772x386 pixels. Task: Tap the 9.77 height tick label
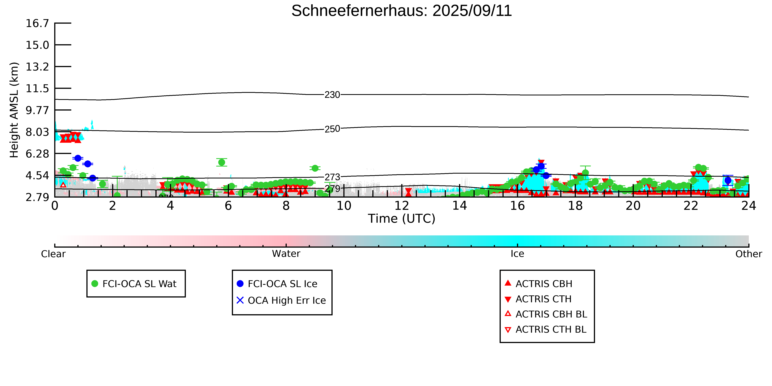coord(37,110)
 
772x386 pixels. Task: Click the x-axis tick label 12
coord(402,206)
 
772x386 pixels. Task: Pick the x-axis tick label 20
coord(633,206)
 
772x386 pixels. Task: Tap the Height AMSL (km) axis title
coord(14,110)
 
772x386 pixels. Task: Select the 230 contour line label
coord(332,95)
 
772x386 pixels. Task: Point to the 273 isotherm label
coord(332,177)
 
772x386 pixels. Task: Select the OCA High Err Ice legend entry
coord(281,300)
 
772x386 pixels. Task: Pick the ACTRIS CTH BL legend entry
coord(546,329)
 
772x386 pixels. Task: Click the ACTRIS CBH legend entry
coord(539,284)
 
